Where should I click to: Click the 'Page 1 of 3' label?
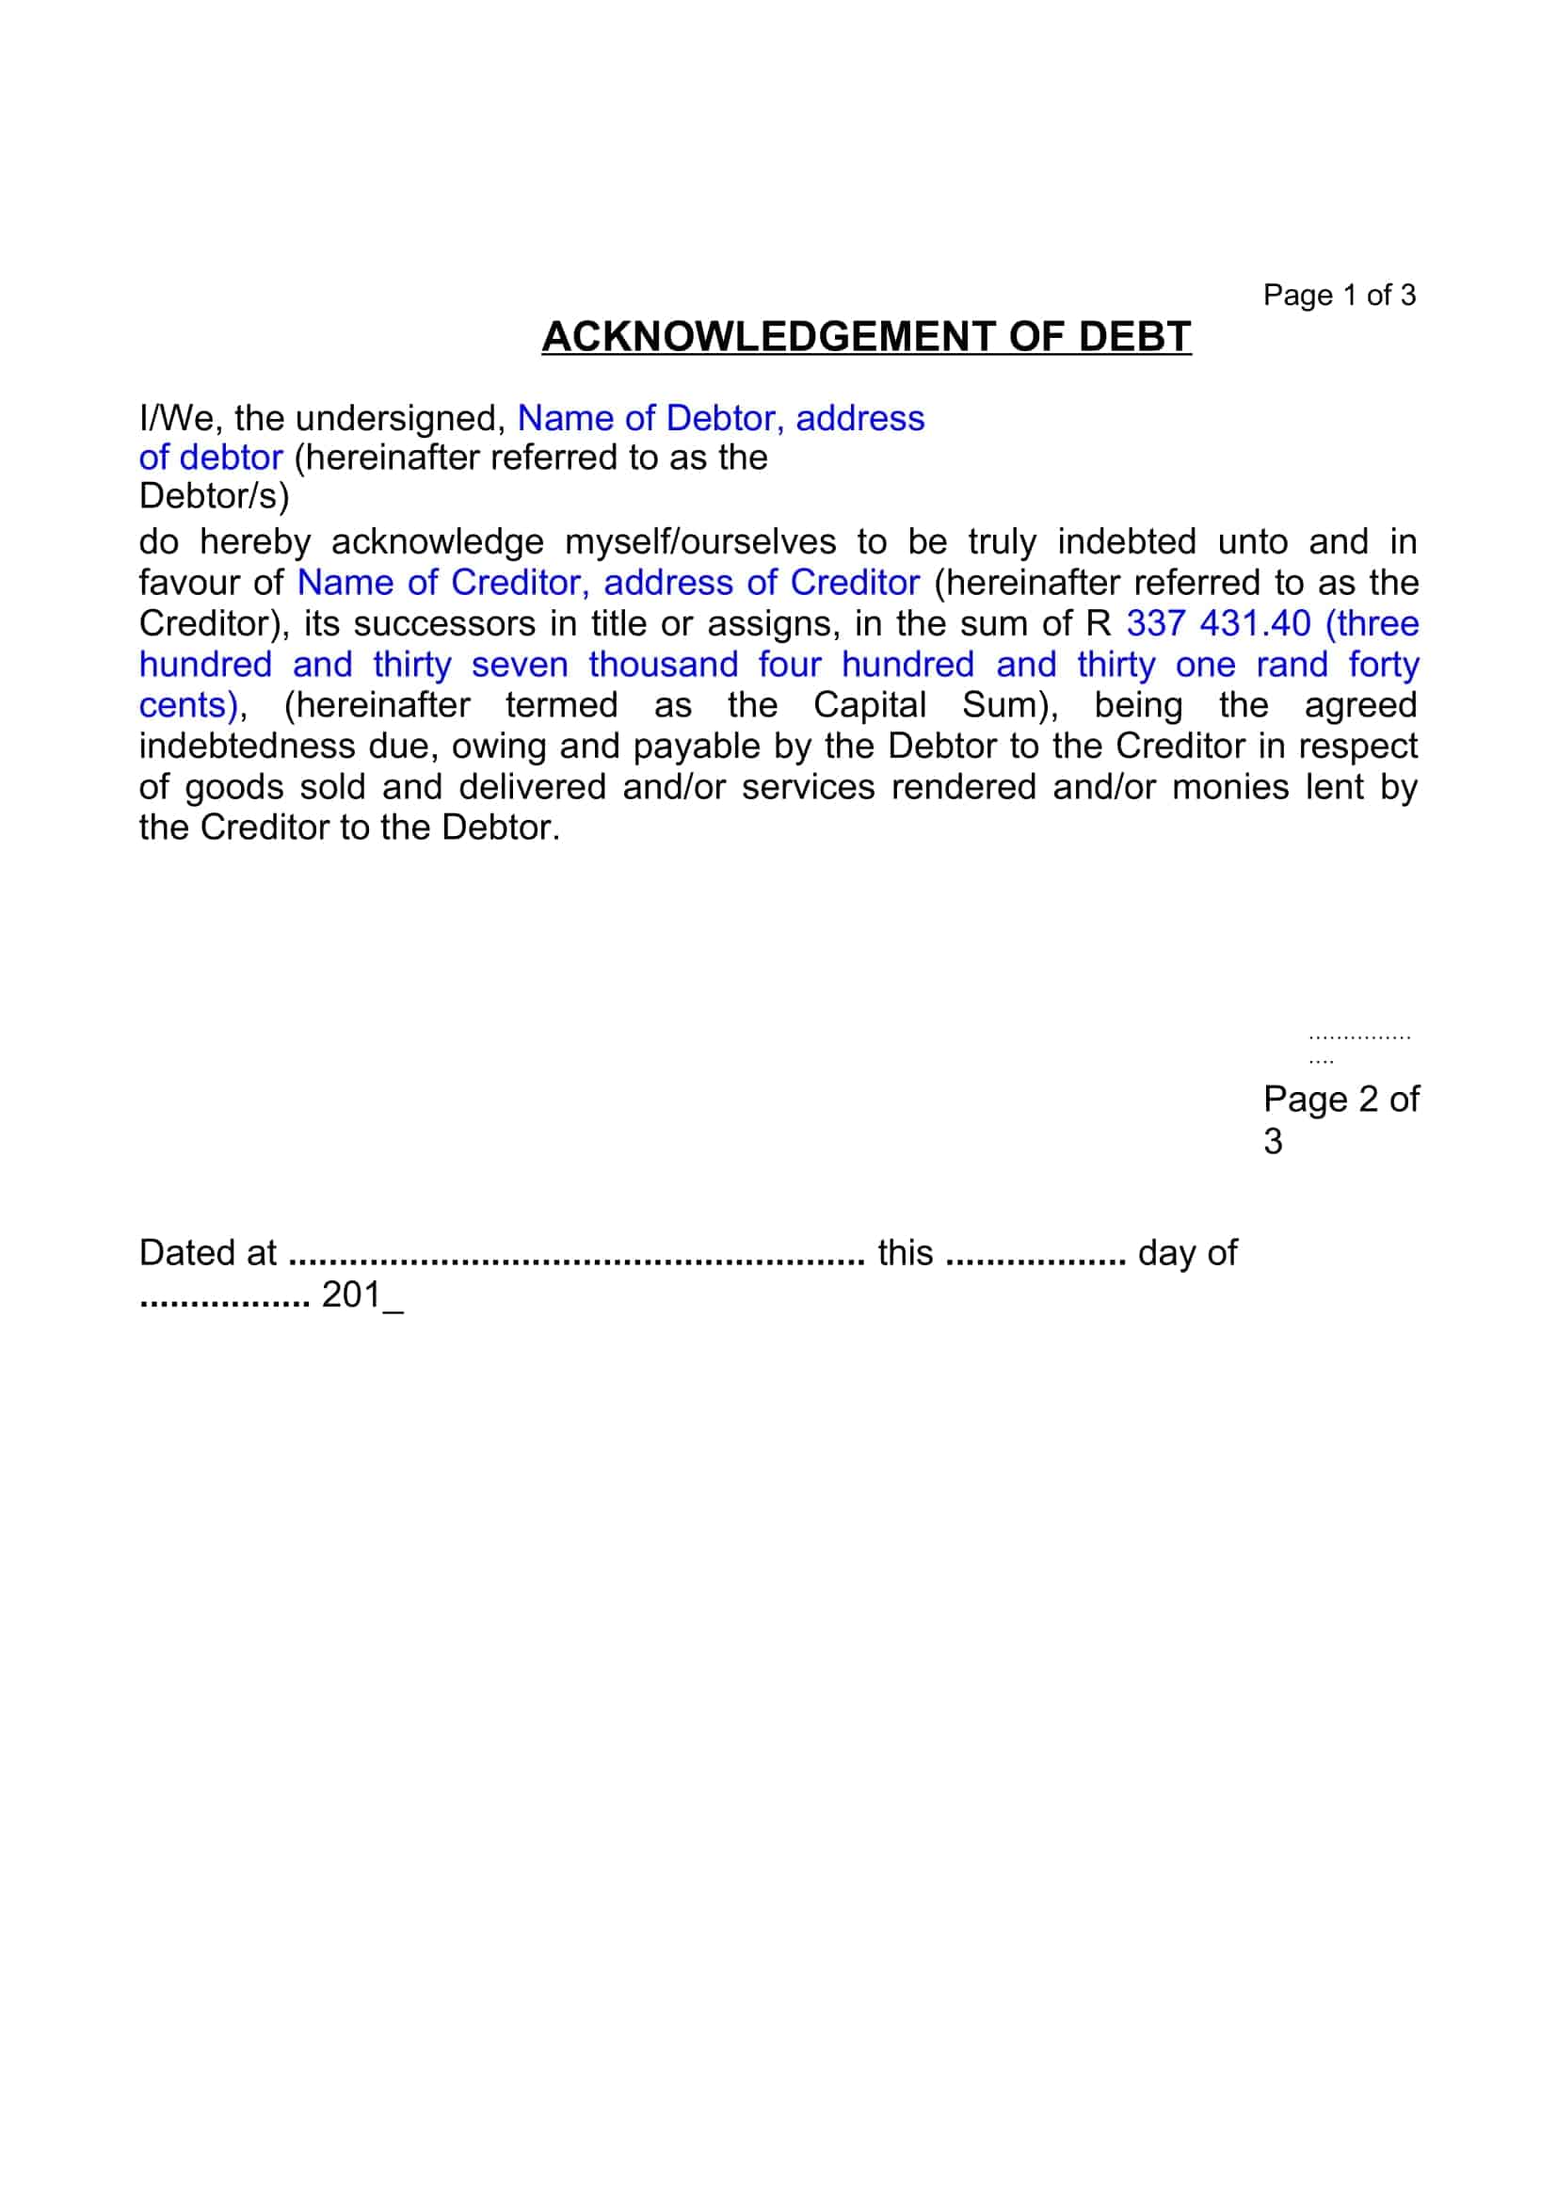pyautogui.click(x=1339, y=296)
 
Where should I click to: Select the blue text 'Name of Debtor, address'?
pyautogui.click(x=721, y=419)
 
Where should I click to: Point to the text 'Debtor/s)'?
pyautogui.click(x=214, y=497)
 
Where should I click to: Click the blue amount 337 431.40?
pyautogui.click(x=1217, y=624)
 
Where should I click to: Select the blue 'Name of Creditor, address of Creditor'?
pyautogui.click(x=609, y=583)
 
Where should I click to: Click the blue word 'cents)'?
pyautogui.click(x=188, y=706)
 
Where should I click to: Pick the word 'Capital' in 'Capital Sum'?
pyautogui.click(x=870, y=706)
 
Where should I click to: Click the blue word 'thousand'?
pyautogui.click(x=664, y=665)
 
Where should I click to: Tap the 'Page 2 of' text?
pyautogui.click(x=1340, y=1099)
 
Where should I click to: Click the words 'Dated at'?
pyautogui.click(x=207, y=1253)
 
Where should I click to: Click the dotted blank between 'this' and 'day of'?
pyautogui.click(x=1035, y=1259)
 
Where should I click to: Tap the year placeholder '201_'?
pyautogui.click(x=362, y=1295)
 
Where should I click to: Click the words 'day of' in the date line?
pyautogui.click(x=1187, y=1253)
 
